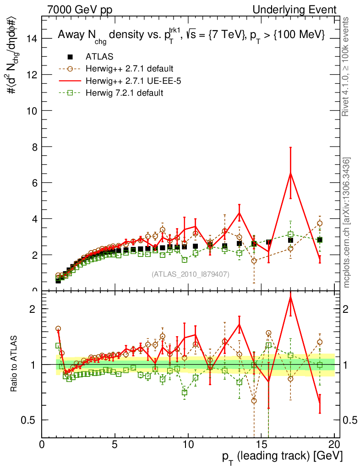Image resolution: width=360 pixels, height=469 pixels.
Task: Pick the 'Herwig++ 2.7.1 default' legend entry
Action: click(x=129, y=69)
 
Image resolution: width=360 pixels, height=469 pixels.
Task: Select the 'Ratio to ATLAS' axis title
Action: click(x=15, y=364)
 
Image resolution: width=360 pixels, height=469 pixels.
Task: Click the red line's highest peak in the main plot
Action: click(x=290, y=173)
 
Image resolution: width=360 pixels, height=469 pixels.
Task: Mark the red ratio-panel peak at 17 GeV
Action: click(x=290, y=298)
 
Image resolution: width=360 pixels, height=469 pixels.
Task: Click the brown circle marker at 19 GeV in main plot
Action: click(x=320, y=224)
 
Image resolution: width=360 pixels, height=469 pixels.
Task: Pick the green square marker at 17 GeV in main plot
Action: click(x=290, y=234)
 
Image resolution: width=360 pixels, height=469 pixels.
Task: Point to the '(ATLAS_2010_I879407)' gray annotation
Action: click(x=191, y=274)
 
